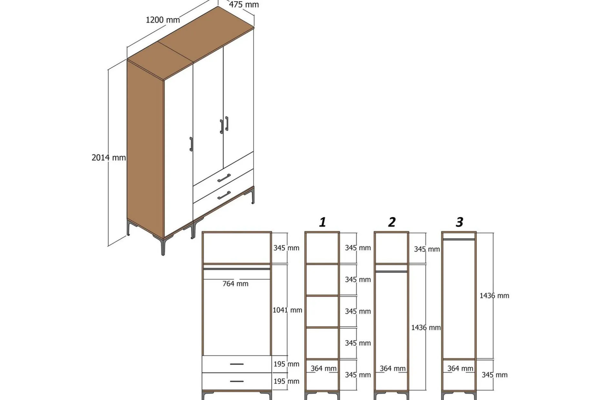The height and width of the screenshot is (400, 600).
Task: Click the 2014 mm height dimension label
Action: [x=109, y=157]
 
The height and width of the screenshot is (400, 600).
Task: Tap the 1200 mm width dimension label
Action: [x=163, y=20]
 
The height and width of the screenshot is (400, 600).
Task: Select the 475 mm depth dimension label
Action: [x=244, y=5]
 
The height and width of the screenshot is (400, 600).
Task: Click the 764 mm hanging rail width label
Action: [x=235, y=284]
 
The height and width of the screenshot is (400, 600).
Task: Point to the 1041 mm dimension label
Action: [x=287, y=310]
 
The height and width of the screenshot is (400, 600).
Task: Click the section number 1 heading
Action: [x=323, y=222]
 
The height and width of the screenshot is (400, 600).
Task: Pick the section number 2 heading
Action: [x=392, y=222]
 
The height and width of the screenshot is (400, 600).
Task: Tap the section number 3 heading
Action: [x=460, y=222]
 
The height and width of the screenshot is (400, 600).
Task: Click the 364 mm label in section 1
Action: [x=324, y=368]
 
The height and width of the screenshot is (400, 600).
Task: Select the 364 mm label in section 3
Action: [x=460, y=368]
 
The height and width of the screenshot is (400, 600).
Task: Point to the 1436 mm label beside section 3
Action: [x=494, y=295]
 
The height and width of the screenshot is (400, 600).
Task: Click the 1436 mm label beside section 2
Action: [x=426, y=327]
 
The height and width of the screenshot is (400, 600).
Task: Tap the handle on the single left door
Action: [x=191, y=144]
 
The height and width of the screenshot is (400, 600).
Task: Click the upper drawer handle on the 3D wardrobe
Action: [x=224, y=178]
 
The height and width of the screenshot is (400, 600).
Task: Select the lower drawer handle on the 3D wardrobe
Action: [x=224, y=195]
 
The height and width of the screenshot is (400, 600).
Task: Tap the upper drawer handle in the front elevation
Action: [x=237, y=364]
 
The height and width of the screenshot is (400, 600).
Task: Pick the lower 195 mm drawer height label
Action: [x=286, y=381]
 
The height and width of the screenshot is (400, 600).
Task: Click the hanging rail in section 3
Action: [x=459, y=239]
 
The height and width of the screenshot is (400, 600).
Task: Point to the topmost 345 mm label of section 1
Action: [x=358, y=248]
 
